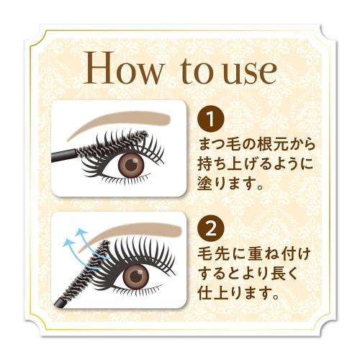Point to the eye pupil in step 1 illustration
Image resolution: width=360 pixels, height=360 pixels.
click(x=131, y=164)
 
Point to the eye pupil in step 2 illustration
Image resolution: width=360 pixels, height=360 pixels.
click(x=137, y=275)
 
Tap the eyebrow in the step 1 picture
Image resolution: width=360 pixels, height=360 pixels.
click(x=122, y=118)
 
